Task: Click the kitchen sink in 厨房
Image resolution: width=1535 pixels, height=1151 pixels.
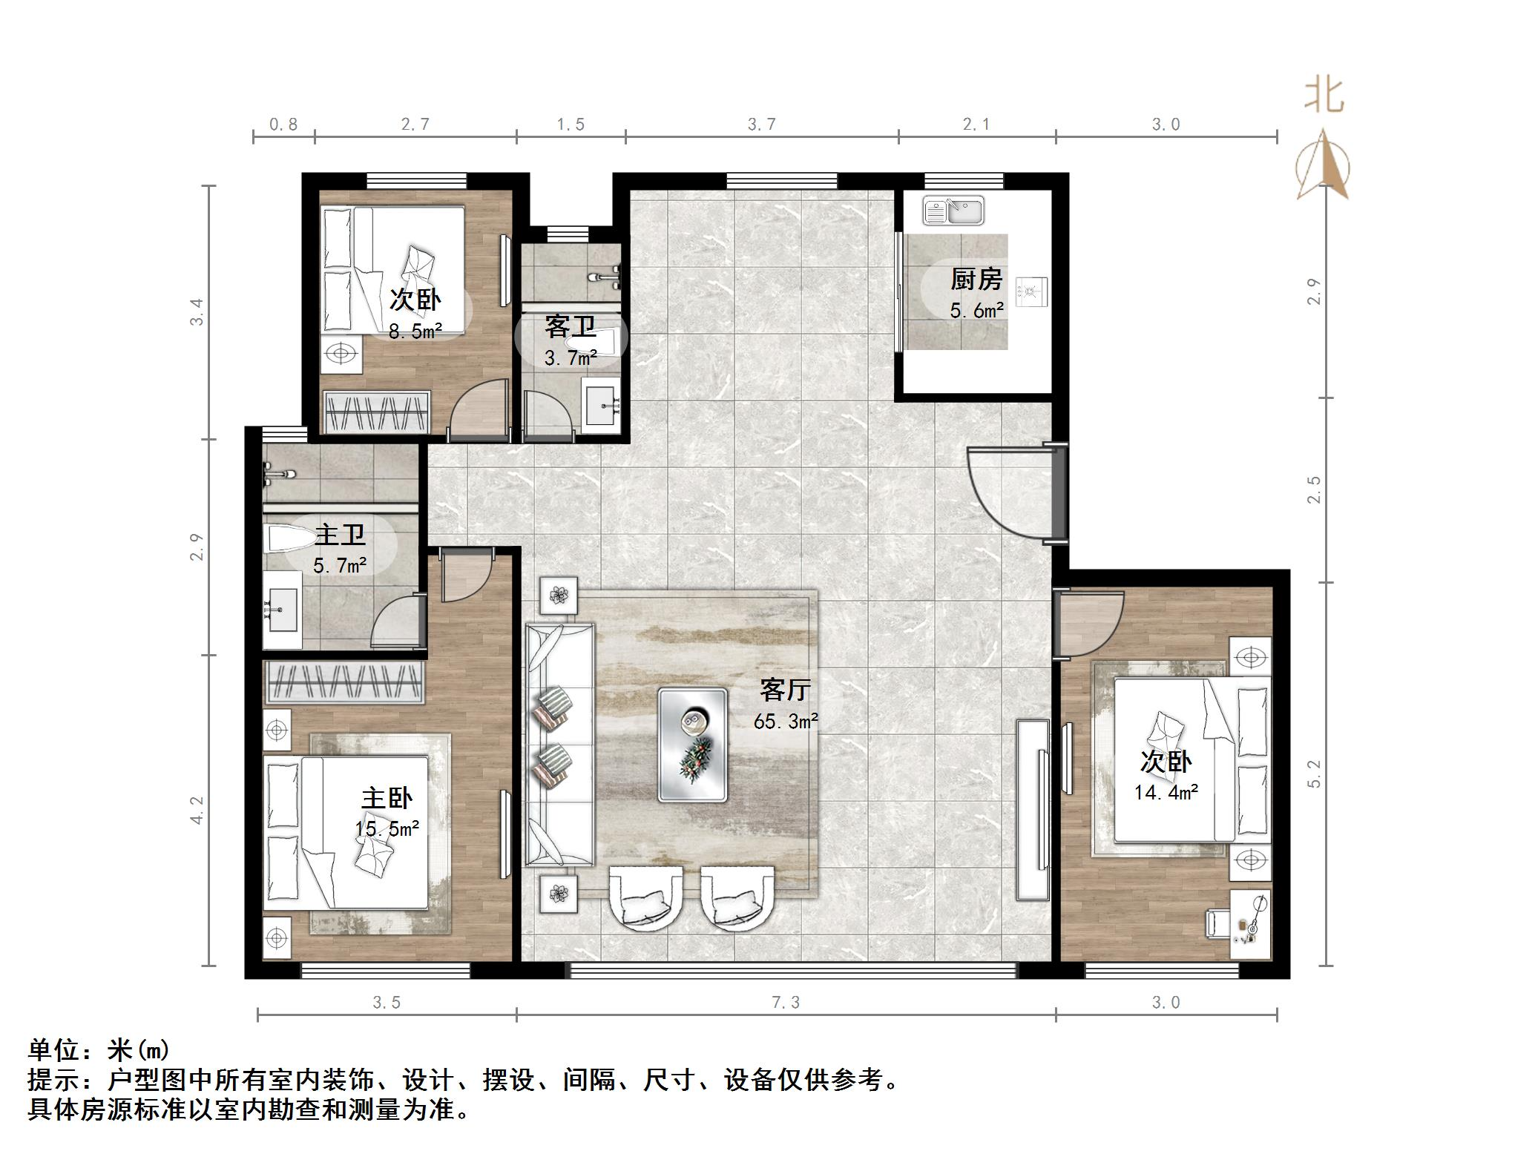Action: click(x=953, y=211)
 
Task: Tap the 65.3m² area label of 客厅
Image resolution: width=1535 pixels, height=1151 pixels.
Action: click(x=786, y=721)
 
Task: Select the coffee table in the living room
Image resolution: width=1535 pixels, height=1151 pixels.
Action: click(x=692, y=745)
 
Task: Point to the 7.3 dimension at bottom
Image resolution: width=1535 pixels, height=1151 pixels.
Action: click(x=786, y=1003)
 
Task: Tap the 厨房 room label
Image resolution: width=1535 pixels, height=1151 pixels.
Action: click(x=976, y=280)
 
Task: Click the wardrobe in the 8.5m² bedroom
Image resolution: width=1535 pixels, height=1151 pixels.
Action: click(x=378, y=412)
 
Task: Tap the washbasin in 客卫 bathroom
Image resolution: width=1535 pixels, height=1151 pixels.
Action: click(x=602, y=406)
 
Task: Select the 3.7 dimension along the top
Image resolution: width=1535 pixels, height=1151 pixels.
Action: click(x=762, y=125)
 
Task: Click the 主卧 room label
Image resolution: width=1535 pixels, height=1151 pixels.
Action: click(x=387, y=799)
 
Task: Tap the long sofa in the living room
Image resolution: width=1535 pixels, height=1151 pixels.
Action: click(x=560, y=745)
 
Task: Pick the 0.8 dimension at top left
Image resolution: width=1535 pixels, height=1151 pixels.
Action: click(x=283, y=125)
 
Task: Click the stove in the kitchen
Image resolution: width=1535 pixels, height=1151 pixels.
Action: click(x=1033, y=291)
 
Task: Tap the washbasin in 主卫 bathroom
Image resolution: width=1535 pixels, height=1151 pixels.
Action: click(x=281, y=608)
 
